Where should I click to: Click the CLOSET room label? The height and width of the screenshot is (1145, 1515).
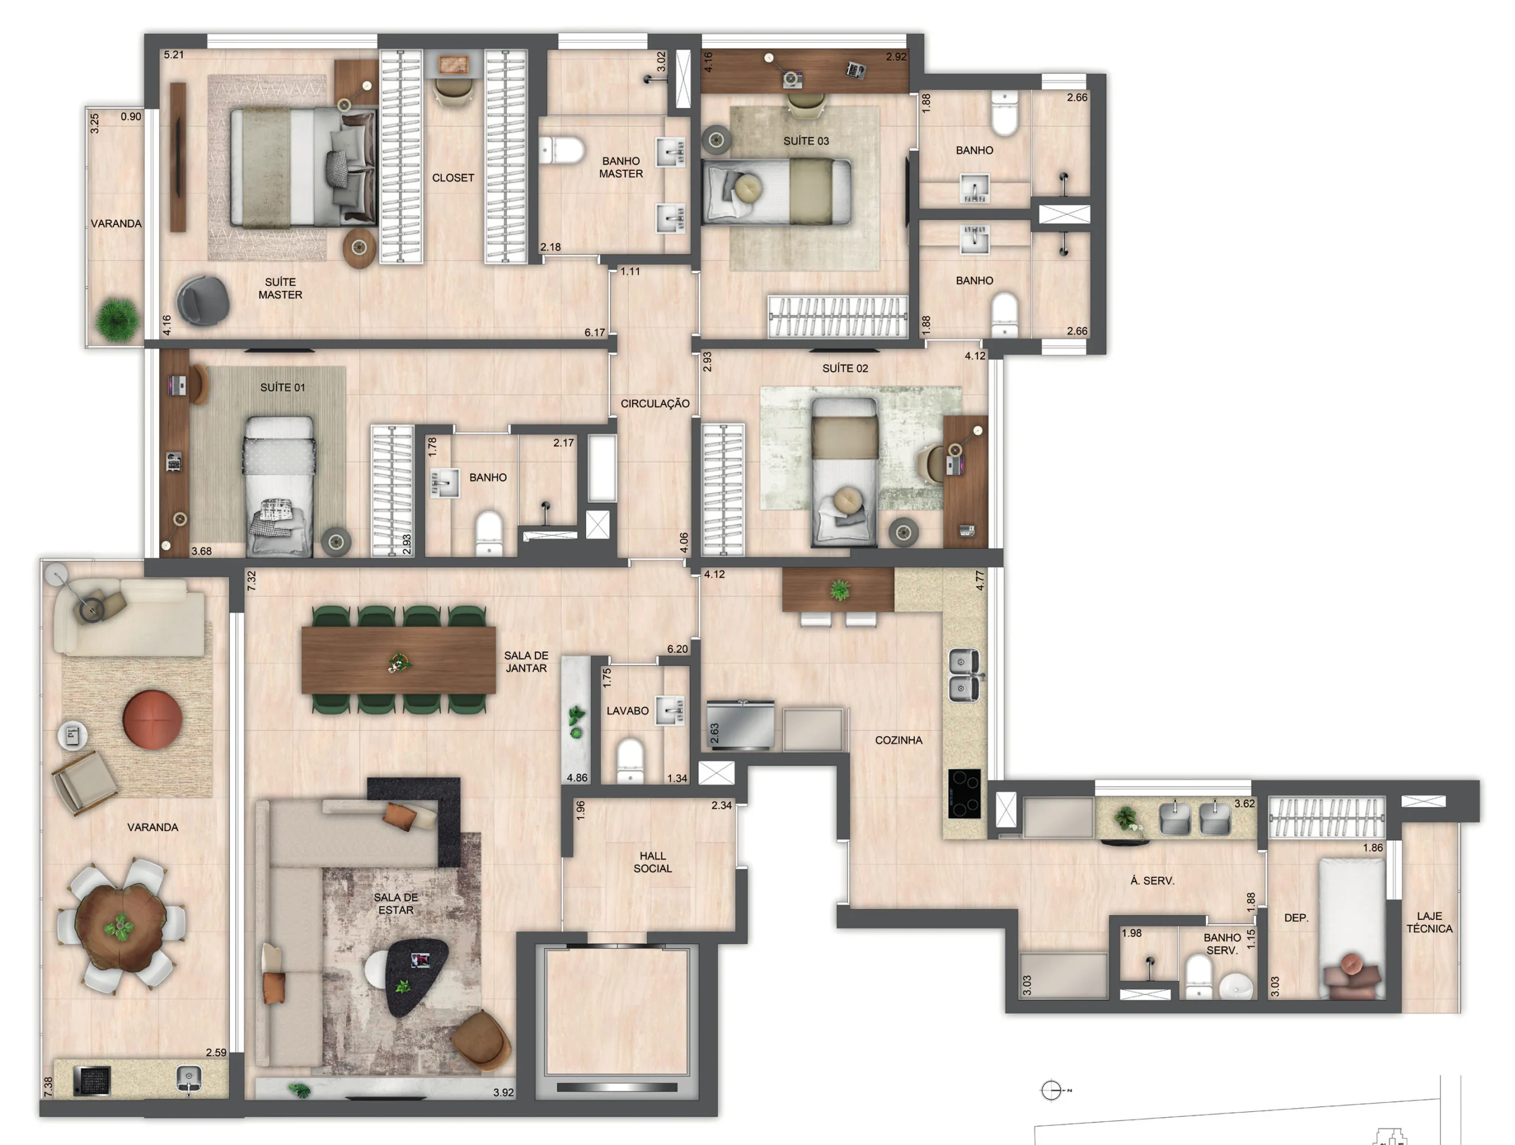point(453,178)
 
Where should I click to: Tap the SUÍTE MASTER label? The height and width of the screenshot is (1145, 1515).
point(280,288)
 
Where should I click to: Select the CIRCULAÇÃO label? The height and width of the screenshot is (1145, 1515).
point(655,404)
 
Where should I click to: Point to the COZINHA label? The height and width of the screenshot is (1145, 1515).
point(898,740)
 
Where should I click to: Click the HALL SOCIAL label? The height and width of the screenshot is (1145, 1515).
point(653,862)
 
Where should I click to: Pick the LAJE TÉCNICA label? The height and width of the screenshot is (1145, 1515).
point(1429,922)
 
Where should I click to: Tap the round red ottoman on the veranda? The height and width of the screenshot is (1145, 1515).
point(152,720)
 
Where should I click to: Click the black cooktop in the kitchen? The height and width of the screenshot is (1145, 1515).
point(965,793)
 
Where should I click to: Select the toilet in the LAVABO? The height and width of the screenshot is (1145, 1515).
point(630,760)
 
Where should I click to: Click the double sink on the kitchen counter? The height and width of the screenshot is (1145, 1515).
point(963,675)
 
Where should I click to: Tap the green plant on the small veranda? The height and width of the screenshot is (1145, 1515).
point(118,319)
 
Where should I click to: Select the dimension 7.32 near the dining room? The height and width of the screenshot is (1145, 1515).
point(252,581)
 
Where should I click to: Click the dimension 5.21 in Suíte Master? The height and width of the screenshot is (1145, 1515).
point(174,55)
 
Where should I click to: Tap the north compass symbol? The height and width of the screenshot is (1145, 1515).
point(1051,1090)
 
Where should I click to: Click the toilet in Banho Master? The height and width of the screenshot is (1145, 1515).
point(562,150)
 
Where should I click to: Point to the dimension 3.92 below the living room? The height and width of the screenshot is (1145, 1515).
point(504,1092)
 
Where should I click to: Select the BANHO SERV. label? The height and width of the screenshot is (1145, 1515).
point(1223,944)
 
